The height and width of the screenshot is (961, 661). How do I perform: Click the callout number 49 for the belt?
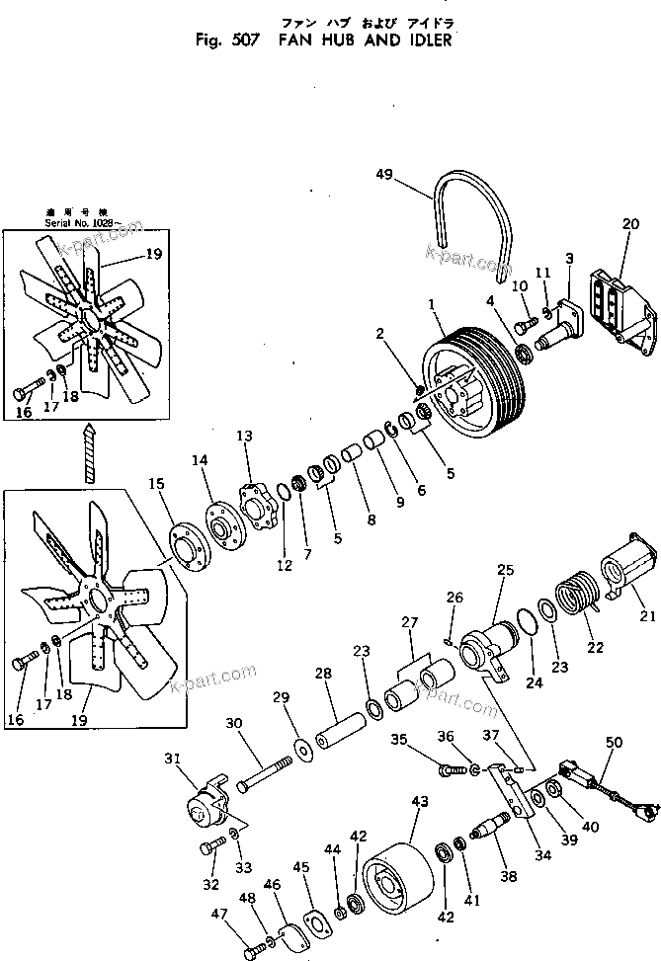click(x=384, y=175)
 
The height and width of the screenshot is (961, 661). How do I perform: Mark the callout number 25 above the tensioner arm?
click(x=505, y=570)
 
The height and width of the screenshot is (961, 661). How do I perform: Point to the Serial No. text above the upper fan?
click(x=81, y=223)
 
